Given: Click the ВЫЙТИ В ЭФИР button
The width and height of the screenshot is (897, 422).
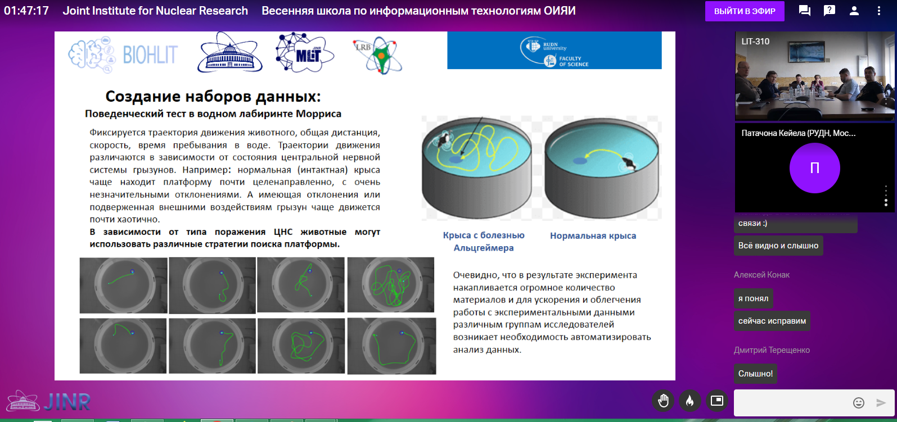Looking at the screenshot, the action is (745, 11).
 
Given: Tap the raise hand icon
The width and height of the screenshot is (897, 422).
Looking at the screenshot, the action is (663, 401).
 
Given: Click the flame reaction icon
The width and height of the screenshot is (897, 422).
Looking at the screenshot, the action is (689, 401).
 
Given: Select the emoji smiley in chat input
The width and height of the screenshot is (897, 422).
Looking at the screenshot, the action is (859, 402).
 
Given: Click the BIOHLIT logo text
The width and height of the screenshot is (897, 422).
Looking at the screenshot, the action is (150, 55).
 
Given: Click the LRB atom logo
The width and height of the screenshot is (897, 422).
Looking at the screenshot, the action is (377, 55).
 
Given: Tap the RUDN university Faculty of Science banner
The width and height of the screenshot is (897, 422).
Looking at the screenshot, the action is (554, 51).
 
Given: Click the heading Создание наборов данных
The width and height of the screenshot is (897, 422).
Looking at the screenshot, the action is (213, 97).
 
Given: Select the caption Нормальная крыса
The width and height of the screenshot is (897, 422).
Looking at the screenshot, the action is (593, 235).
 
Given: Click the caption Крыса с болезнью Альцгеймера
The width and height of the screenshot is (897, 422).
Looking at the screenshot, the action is (484, 242).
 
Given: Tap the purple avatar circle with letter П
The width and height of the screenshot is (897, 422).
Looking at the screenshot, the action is (814, 168).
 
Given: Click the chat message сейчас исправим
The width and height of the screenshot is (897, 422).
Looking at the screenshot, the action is (772, 321).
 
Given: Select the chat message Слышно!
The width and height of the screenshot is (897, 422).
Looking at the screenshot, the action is (755, 374).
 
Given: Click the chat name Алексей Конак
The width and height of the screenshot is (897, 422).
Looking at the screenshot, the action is (761, 275).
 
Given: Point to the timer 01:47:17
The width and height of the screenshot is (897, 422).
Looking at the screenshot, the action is (26, 11).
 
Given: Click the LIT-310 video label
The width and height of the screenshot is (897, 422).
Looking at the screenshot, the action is (755, 41).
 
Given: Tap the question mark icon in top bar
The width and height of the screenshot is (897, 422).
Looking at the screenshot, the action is (830, 11).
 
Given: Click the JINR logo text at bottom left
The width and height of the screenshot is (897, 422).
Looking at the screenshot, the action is (67, 402).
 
